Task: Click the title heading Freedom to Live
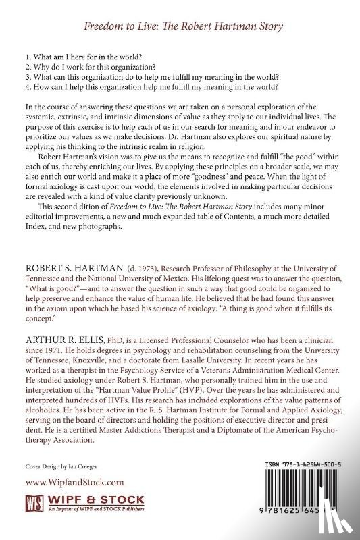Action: (x=179, y=27)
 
